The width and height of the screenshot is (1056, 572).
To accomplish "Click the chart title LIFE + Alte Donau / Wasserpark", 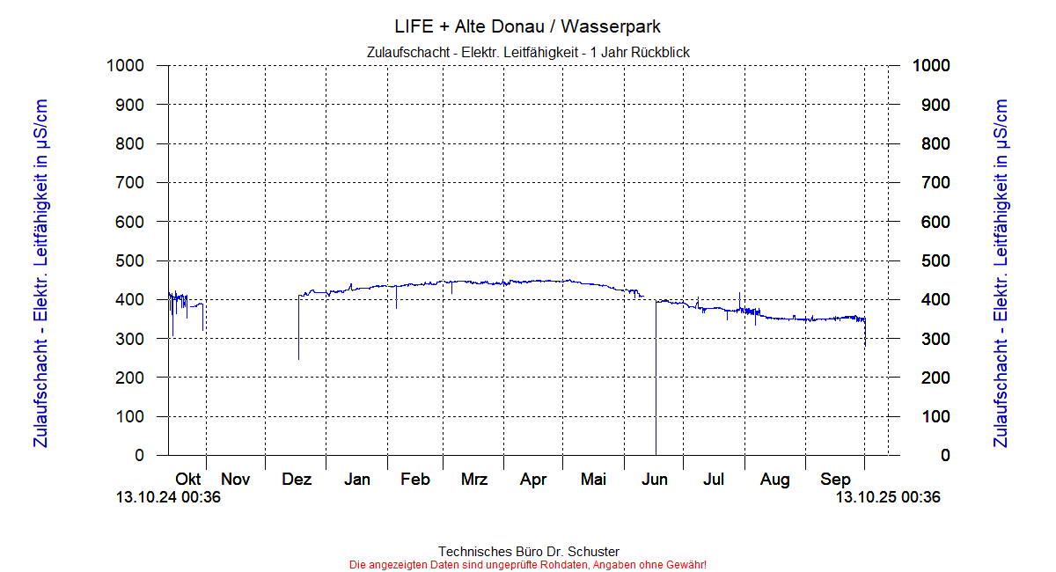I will click(527, 26).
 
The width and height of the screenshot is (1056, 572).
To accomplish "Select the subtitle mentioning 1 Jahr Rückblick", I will click(527, 53).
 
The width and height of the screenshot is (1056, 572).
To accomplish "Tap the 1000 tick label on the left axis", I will click(125, 65).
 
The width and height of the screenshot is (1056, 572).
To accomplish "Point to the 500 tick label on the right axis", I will click(931, 260).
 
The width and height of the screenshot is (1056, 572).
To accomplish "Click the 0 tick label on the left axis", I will click(139, 455).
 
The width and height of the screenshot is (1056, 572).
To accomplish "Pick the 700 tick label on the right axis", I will click(931, 182).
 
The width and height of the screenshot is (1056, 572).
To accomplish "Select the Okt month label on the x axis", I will click(188, 480).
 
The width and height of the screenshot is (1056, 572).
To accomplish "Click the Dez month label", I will click(297, 480).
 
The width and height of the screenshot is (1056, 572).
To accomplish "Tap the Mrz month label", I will click(474, 480).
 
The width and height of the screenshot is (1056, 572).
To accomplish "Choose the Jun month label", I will click(655, 480).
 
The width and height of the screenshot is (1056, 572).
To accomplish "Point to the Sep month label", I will click(835, 480).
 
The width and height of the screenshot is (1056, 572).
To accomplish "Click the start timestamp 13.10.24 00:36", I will click(168, 497).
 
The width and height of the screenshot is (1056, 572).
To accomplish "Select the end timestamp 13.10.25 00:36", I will click(888, 497).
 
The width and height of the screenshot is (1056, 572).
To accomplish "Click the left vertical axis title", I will click(40, 273).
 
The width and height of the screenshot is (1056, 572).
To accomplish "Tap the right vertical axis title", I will click(1000, 273).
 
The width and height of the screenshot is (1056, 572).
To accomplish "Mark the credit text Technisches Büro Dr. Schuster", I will click(528, 552).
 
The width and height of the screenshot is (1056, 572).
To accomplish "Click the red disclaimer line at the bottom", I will click(528, 565).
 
